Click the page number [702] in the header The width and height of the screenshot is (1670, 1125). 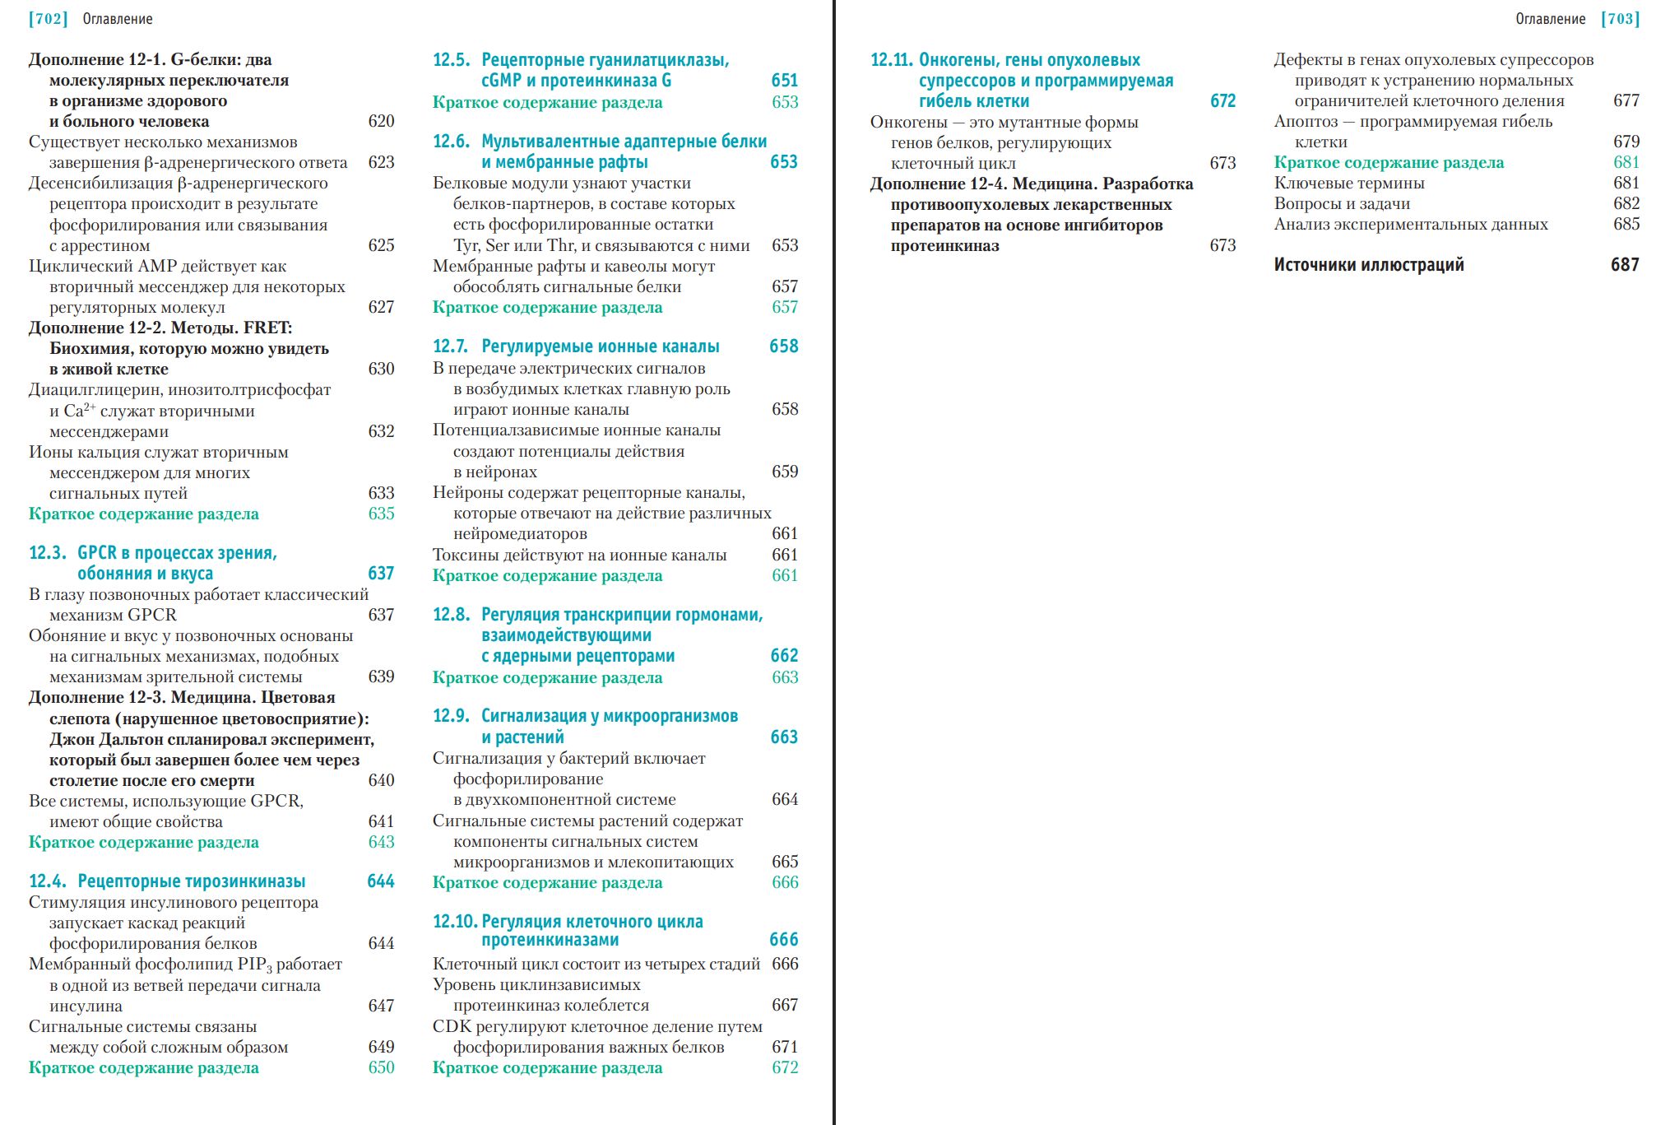point(48,19)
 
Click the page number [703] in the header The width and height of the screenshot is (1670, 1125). point(1620,19)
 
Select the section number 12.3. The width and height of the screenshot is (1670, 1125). point(47,553)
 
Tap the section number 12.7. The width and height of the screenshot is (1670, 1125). point(451,346)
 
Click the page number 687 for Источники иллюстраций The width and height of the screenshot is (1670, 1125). point(1625,265)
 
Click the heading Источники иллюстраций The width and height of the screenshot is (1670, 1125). point(1369,265)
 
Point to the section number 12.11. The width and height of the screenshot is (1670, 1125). point(891,60)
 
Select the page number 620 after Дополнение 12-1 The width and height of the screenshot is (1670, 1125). point(381,122)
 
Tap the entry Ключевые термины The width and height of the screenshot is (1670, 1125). point(1349,184)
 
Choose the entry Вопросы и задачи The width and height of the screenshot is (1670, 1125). point(1342,204)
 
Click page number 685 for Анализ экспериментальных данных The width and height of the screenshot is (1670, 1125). point(1626,225)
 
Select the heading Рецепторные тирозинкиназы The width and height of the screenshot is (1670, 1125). point(192,881)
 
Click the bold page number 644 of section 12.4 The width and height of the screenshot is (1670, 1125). point(381,881)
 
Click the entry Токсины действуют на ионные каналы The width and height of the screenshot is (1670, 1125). point(579,556)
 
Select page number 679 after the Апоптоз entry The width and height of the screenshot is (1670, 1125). point(1626,142)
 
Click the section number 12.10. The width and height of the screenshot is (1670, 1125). point(454,922)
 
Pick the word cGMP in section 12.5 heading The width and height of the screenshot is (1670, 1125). point(501,81)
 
